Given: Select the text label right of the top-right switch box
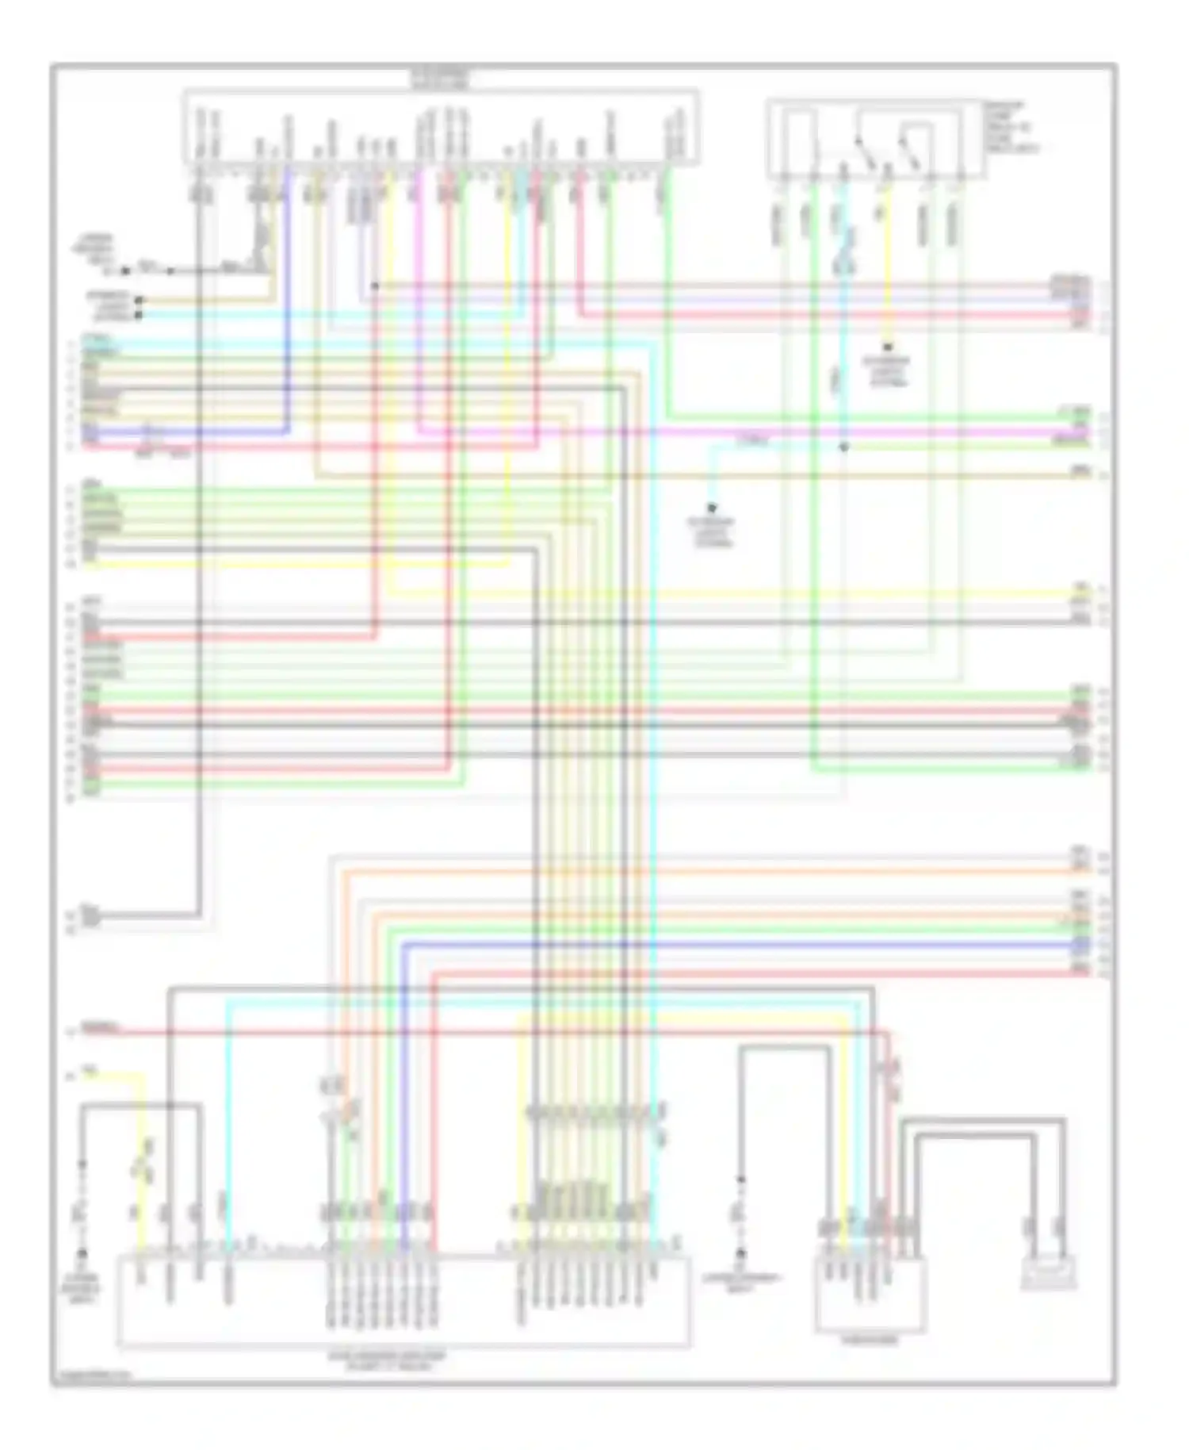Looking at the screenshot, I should pyautogui.click(x=1010, y=127).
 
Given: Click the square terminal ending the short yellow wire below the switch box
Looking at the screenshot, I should pyautogui.click(x=888, y=347).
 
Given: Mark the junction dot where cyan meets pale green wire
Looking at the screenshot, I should pyautogui.click(x=844, y=447).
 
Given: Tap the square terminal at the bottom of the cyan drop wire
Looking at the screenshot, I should pyautogui.click(x=712, y=507).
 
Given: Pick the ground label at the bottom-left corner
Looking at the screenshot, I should pyautogui.click(x=82, y=1289).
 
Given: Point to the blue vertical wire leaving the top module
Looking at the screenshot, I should pyautogui.click(x=288, y=301).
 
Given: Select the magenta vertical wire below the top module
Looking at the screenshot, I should pyautogui.click(x=419, y=301).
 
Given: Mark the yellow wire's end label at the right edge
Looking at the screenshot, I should pyautogui.click(x=1080, y=591).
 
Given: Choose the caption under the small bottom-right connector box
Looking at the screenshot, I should pyautogui.click(x=870, y=1341).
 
